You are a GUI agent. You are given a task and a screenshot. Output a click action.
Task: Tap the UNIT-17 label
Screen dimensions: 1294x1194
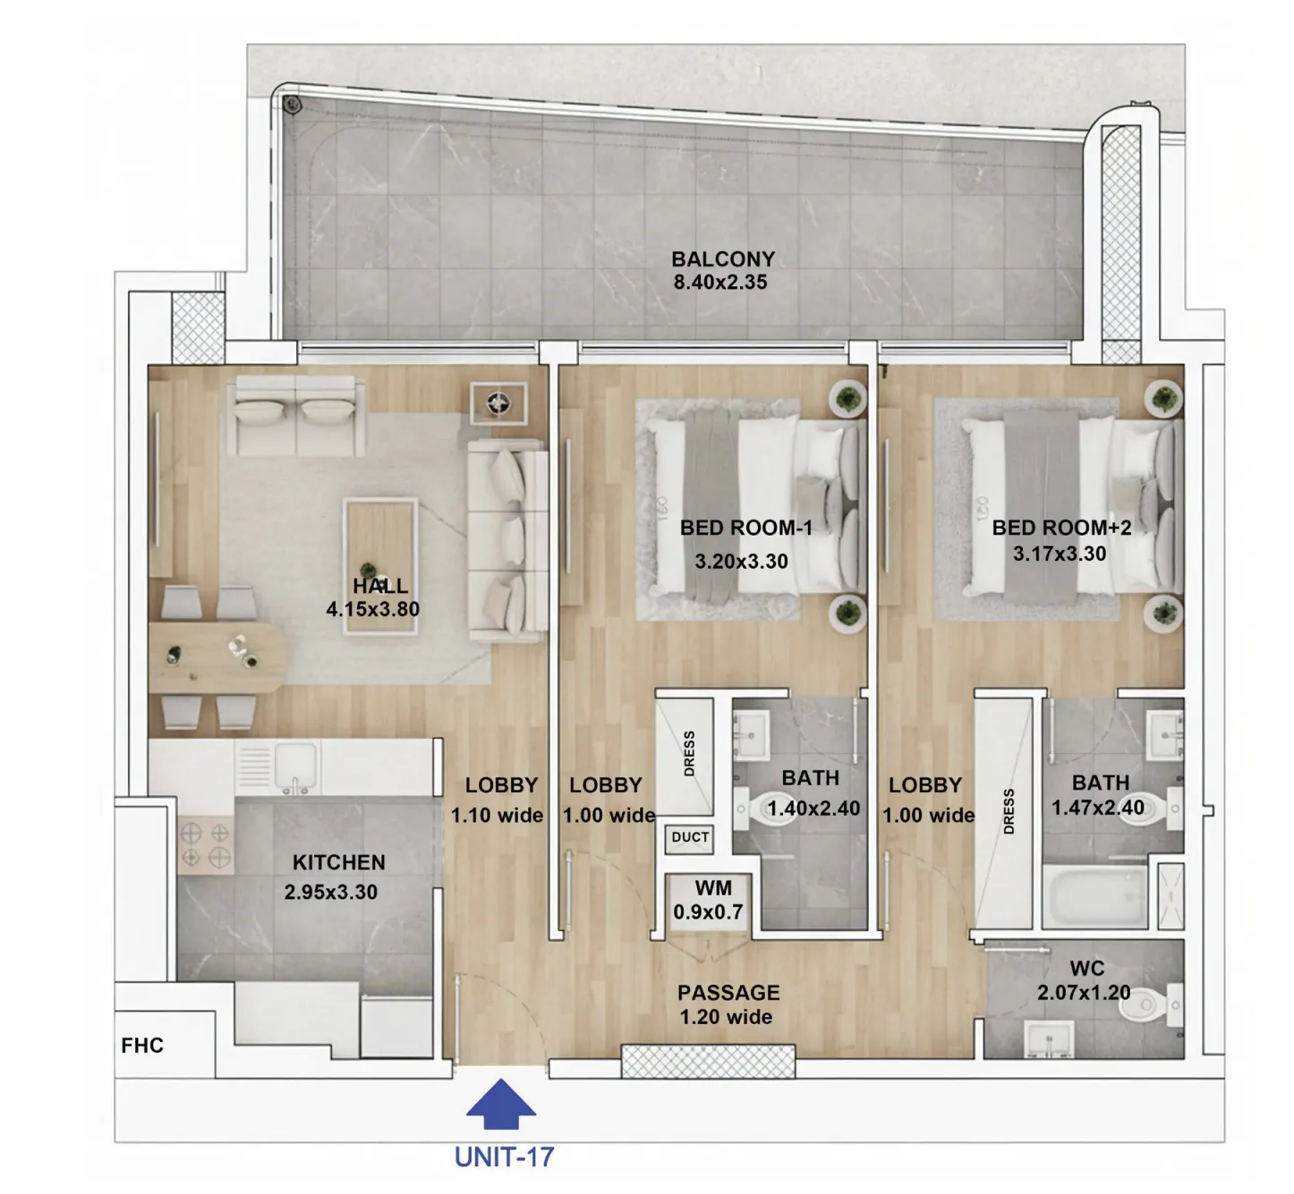coord(505,1156)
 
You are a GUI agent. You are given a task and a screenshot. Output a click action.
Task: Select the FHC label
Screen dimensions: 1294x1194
coord(142,1046)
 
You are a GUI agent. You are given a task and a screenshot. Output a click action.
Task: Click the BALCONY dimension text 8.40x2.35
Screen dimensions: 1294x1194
coord(720,282)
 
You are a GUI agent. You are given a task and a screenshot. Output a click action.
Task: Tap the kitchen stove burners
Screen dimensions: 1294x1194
coord(205,845)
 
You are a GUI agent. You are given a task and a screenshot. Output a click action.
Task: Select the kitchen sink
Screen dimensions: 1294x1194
coord(295,766)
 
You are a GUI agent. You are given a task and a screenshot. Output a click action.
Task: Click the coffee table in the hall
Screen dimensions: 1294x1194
coord(380,566)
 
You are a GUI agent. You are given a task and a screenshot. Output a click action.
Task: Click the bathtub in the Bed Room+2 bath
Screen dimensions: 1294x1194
coord(1094,896)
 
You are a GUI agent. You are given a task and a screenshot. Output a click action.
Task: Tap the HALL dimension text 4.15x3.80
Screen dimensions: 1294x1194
coord(372,610)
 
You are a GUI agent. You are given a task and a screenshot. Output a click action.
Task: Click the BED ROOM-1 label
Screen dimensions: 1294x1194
coord(746,528)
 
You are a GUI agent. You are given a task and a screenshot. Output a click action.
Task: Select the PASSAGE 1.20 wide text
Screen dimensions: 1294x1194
coord(728,1004)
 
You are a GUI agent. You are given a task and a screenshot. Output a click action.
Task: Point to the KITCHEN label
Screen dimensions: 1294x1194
coord(339,862)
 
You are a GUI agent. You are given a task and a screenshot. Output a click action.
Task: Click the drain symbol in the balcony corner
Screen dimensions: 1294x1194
coord(292,105)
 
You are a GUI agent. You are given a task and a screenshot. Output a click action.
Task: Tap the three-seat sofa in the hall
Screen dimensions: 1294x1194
coord(508,541)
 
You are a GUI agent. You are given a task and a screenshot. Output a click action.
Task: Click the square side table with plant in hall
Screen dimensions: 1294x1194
coord(499,403)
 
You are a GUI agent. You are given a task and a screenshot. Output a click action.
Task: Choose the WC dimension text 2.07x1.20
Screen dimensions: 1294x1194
coord(1084,993)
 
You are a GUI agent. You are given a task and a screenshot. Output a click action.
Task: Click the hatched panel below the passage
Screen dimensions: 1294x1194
coord(708,1062)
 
